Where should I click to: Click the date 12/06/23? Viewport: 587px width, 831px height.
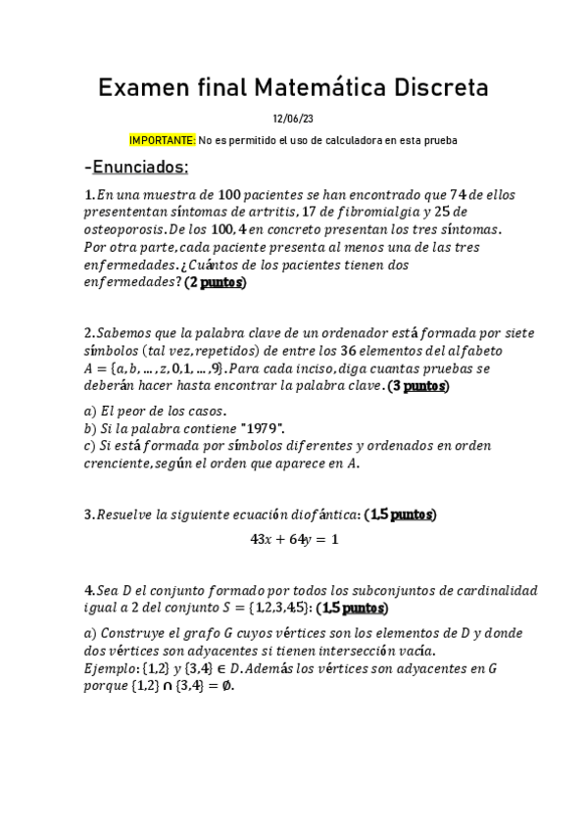[x=293, y=120]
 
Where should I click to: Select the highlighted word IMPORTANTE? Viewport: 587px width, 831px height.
[x=163, y=141]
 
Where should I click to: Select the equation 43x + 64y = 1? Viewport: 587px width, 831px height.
[x=294, y=540]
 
